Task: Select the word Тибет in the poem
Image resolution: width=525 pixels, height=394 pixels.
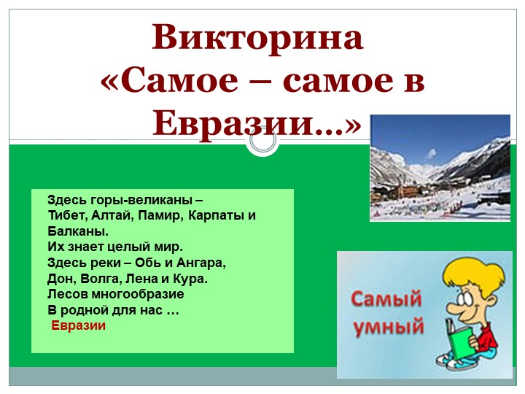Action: [x=64, y=216]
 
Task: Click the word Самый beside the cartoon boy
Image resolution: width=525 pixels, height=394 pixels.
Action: [x=387, y=298]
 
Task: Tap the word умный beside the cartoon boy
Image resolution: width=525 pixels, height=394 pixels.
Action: [x=389, y=326]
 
